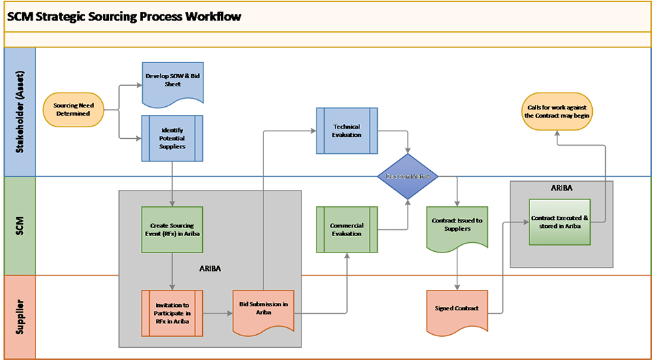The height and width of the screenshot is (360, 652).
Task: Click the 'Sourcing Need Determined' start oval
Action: (73, 110)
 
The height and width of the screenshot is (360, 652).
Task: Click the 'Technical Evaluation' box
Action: (346, 131)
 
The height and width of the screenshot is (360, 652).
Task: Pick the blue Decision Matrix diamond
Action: (408, 176)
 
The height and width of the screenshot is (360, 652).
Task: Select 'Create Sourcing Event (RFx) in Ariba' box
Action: (172, 229)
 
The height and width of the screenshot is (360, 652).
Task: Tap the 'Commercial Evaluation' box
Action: (346, 229)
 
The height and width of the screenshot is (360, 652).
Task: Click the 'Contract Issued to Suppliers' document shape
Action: (457, 224)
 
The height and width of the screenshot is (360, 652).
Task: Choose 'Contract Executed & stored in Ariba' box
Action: (560, 222)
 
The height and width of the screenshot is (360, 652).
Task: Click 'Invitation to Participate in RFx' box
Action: (172, 312)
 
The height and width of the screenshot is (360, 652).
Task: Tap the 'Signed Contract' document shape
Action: (457, 310)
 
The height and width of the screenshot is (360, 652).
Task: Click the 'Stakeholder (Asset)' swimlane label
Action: (19, 113)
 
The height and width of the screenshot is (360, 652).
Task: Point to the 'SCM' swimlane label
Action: (19, 226)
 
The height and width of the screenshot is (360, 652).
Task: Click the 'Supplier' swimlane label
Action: (19, 316)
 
